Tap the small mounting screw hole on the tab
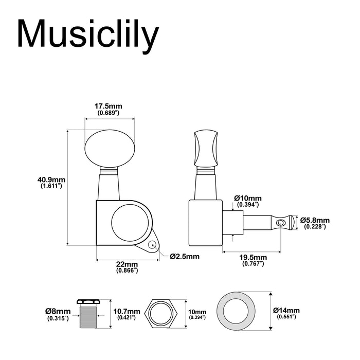(153, 245)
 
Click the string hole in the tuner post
(280, 223)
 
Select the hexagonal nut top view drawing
(165, 314)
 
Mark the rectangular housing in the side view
(205, 222)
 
